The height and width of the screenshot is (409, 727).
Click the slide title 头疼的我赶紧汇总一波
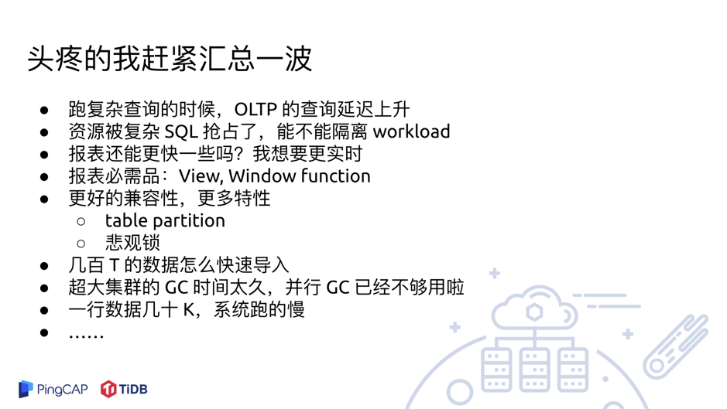point(170,59)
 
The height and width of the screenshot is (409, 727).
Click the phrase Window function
point(300,176)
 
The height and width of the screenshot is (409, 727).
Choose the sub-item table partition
point(165,221)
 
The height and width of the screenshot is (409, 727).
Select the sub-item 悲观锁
point(132,243)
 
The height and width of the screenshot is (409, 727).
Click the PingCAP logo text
point(63,389)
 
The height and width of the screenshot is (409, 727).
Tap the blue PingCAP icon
point(26,388)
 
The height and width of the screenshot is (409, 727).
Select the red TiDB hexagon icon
point(108,389)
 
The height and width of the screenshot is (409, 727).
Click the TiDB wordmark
point(133,389)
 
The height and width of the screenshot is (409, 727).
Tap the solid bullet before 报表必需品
point(45,177)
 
